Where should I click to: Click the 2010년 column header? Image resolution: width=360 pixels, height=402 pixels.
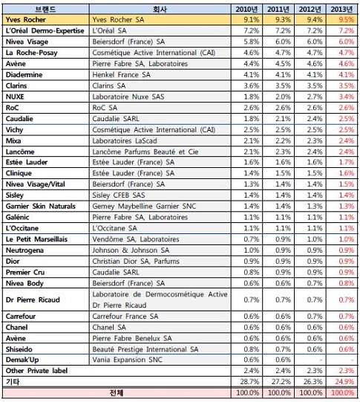246,10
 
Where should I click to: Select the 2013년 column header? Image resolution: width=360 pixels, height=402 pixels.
341,10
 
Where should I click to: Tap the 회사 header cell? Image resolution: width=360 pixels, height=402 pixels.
160,10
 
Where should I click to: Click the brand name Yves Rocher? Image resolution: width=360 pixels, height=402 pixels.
25,20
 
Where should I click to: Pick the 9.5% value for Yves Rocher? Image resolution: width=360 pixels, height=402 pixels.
347,20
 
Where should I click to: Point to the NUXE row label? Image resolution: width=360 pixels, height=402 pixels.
15,97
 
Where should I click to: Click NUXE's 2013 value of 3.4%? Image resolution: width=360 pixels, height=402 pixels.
347,97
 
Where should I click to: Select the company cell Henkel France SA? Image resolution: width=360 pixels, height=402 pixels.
122,74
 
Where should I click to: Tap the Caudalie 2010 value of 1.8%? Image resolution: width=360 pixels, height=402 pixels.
252,119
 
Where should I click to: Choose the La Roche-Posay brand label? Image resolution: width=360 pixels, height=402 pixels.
31,53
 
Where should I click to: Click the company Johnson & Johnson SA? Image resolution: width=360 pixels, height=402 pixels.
131,250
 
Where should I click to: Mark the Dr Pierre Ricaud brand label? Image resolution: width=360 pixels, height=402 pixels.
33,299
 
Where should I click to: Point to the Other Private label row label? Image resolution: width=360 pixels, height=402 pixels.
36,371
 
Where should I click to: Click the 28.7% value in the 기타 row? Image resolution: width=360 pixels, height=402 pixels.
249,382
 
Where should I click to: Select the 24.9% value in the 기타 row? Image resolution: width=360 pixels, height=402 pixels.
344,382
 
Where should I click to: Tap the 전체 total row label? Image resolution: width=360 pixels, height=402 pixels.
117,393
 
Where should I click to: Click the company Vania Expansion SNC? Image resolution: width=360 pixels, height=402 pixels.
127,360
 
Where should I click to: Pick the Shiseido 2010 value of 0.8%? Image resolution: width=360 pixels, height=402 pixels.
252,349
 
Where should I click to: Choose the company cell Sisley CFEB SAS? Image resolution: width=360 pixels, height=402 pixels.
119,195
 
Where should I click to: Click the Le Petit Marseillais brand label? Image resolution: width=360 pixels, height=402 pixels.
36,239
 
